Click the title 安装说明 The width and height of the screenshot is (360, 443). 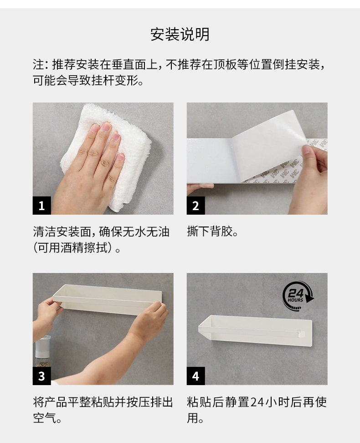coord(180,35)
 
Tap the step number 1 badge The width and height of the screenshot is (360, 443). coord(42,206)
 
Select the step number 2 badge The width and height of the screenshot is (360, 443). coord(195,206)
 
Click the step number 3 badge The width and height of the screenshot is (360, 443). coord(42,376)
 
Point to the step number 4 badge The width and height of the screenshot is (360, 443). coord(195,376)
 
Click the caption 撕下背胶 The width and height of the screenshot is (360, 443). coord(212,232)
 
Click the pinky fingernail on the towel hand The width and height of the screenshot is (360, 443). coord(121,157)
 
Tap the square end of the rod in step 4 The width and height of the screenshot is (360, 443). coord(301,334)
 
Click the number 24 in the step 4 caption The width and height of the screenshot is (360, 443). coord(257,402)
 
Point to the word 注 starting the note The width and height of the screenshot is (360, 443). coord(38,64)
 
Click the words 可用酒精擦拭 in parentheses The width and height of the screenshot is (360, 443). coord(74,248)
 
